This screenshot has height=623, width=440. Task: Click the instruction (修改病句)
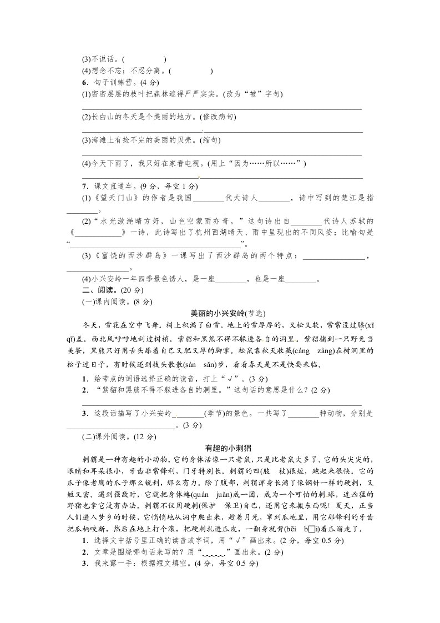[217, 117]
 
